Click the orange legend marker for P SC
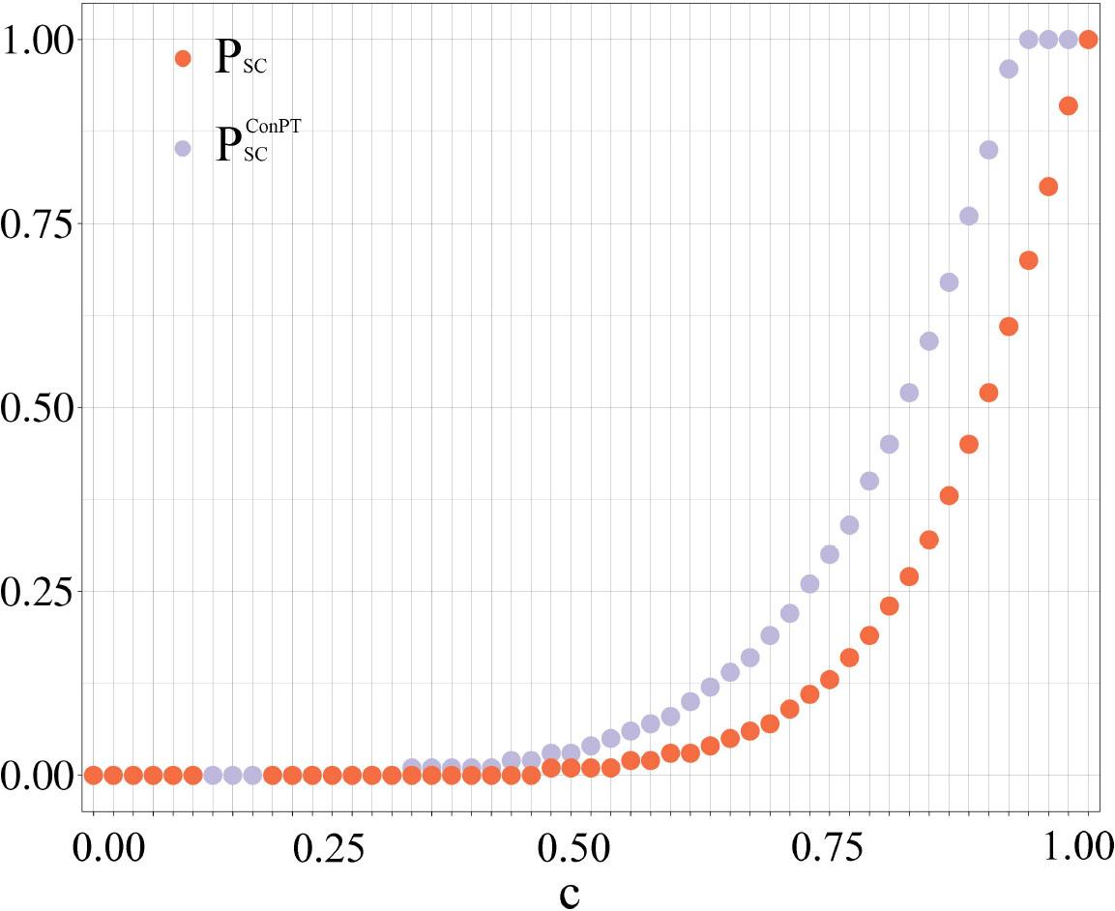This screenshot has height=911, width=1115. click(x=183, y=58)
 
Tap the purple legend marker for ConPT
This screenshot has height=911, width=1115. click(x=183, y=148)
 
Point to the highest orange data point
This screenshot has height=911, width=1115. click(x=1088, y=40)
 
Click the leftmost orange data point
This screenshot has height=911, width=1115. click(x=94, y=775)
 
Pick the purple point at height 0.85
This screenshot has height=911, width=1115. click(x=988, y=150)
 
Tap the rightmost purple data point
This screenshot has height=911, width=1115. click(x=1069, y=40)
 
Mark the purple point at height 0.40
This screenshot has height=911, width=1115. click(x=869, y=481)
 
